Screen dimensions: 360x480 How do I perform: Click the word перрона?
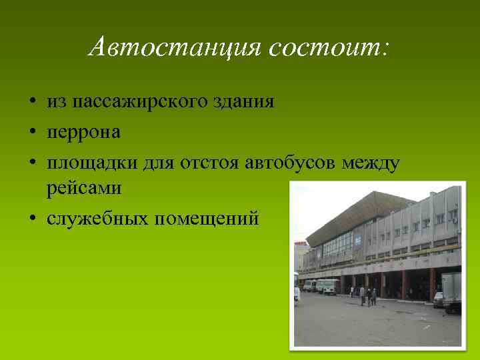point(83,131)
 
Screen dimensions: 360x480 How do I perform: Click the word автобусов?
point(296,161)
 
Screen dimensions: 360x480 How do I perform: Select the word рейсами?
point(83,189)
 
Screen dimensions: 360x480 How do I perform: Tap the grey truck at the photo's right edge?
point(451,292)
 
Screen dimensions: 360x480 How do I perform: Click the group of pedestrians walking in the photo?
point(367,295)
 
